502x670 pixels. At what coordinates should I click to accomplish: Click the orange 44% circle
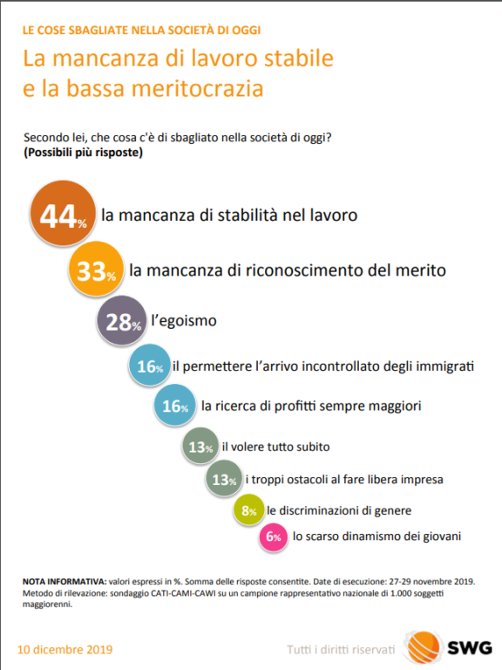[63, 213]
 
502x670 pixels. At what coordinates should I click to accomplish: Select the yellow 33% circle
[96, 269]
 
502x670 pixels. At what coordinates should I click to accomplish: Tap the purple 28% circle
[122, 320]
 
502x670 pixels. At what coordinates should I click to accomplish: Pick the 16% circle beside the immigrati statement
[150, 366]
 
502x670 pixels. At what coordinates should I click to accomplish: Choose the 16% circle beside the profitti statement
[175, 405]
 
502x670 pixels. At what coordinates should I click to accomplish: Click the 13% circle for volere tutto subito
[200, 446]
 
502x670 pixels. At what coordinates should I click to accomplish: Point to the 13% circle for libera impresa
[224, 479]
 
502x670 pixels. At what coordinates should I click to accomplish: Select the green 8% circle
[249, 509]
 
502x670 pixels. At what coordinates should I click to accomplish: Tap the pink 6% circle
[273, 537]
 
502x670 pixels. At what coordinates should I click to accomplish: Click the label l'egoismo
[184, 320]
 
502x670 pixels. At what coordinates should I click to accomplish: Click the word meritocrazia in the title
[198, 88]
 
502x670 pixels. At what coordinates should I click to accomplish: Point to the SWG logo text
[469, 648]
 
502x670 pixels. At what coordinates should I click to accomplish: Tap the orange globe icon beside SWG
[424, 648]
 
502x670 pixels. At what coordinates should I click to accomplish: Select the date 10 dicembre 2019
[64, 649]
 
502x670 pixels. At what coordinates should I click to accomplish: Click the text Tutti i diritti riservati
[341, 649]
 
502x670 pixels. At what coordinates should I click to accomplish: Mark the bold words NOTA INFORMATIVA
[64, 582]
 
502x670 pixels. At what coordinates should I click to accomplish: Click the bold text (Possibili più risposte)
[84, 153]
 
